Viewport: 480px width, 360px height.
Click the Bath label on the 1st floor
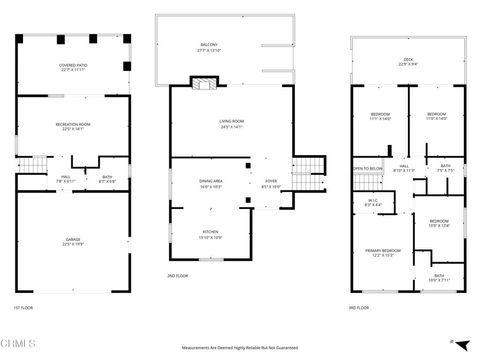point(107,179)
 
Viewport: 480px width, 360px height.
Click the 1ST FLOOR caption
point(24,307)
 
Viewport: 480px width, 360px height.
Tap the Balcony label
point(209,48)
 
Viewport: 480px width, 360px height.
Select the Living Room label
point(232,124)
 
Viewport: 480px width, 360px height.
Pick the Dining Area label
point(211,183)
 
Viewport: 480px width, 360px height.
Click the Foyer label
point(271,183)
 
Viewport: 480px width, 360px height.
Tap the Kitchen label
point(209,236)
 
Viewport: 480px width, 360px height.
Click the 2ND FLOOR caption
point(177,274)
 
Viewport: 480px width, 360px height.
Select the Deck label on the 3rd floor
point(409,62)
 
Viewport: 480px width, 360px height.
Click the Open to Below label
point(367,169)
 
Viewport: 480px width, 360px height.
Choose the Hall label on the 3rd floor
point(405,169)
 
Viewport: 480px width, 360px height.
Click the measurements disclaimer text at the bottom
point(240,349)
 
